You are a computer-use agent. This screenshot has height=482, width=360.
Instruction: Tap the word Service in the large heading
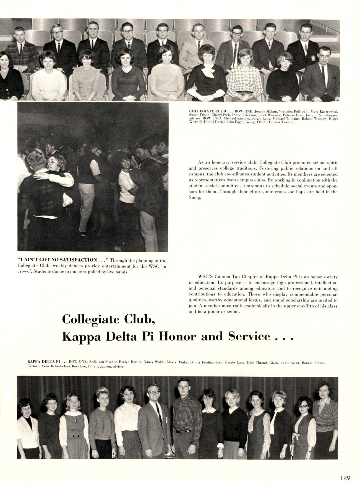click(x=249, y=336)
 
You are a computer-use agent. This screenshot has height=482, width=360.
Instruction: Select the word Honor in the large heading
click(x=176, y=336)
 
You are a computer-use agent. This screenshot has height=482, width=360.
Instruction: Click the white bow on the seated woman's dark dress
click(x=207, y=72)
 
